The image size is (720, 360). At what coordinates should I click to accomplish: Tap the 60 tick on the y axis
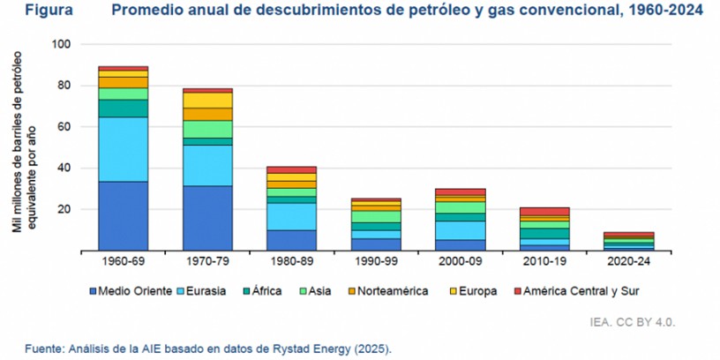(64, 127)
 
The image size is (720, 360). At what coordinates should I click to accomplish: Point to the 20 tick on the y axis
(64, 209)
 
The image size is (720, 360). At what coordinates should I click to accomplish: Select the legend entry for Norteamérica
(386, 290)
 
